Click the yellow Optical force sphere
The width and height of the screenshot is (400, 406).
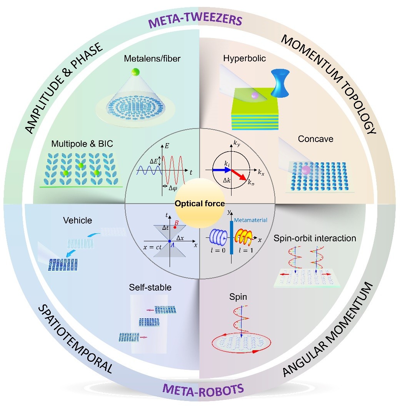pos(199,203)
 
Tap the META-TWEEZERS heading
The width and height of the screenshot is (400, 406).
pos(200,20)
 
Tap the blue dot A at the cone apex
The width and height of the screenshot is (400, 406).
pos(169,241)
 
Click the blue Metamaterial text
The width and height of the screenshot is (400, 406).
pos(250,220)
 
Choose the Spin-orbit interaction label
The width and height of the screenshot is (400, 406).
pos(315,238)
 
